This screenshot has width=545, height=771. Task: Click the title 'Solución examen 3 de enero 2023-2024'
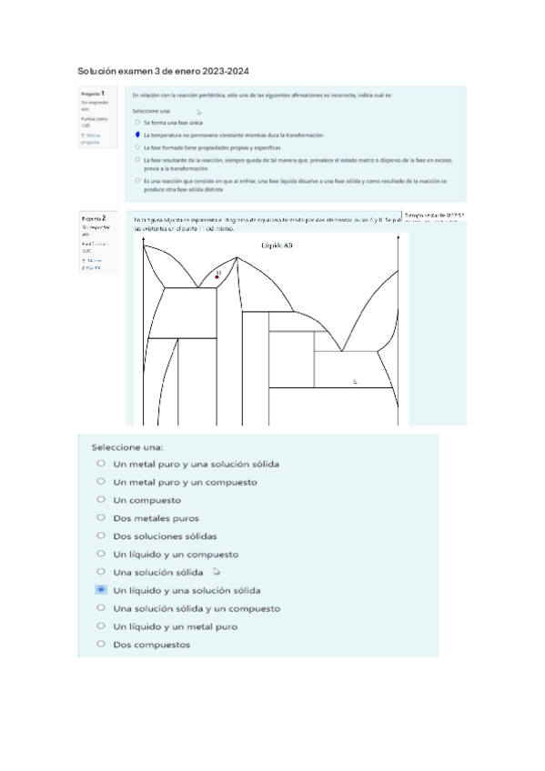tap(164, 71)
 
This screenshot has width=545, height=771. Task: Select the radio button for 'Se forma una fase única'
tap(136, 121)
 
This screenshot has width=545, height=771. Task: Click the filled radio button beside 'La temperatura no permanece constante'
tap(136, 134)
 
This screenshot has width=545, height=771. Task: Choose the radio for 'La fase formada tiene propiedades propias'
tap(136, 146)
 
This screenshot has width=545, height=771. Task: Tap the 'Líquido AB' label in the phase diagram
tap(277, 245)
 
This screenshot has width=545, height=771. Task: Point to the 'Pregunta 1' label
tap(93, 94)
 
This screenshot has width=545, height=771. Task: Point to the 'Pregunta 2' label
tap(93, 219)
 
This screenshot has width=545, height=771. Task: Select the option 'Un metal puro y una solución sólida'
tap(101, 464)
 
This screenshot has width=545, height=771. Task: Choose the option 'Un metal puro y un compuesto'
tap(101, 482)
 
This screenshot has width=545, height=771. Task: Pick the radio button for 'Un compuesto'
tap(101, 500)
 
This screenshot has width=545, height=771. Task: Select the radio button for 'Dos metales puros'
tap(101, 518)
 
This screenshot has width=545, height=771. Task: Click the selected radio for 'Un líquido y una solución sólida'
tap(101, 590)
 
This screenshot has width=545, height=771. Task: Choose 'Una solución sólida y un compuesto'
tap(101, 608)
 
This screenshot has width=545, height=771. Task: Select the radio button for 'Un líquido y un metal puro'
tap(101, 626)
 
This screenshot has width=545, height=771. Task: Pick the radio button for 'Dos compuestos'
tap(101, 645)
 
